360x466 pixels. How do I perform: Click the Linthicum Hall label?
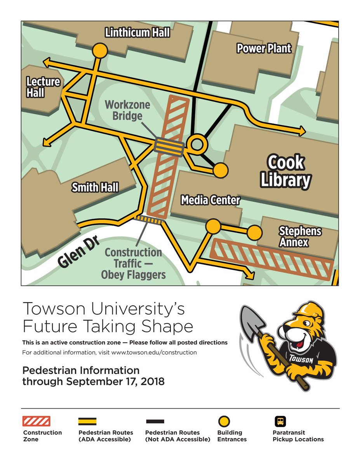pyautogui.click(x=137, y=33)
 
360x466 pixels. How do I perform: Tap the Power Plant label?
pyautogui.click(x=264, y=49)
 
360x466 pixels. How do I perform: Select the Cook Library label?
pyautogui.click(x=286, y=171)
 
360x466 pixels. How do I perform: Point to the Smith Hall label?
pyautogui.click(x=95, y=188)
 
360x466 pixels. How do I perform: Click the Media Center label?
pyautogui.click(x=210, y=200)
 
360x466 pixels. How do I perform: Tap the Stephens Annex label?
pyautogui.click(x=300, y=236)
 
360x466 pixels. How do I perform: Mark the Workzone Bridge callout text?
pyautogui.click(x=128, y=110)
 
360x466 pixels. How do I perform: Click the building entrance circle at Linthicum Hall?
pyautogui.click(x=100, y=50)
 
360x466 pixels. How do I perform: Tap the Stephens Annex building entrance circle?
pyautogui.click(x=254, y=232)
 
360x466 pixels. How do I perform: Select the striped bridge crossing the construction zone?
pyautogui.click(x=169, y=147)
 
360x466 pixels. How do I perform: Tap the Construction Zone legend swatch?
pyautogui.click(x=37, y=421)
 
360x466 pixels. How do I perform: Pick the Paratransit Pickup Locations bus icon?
pyautogui.click(x=280, y=421)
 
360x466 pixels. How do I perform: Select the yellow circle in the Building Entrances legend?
pyautogui.click(x=224, y=421)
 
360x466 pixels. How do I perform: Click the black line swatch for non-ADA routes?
pyautogui.click(x=155, y=421)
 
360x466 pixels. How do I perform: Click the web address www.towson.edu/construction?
pyautogui.click(x=154, y=353)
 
